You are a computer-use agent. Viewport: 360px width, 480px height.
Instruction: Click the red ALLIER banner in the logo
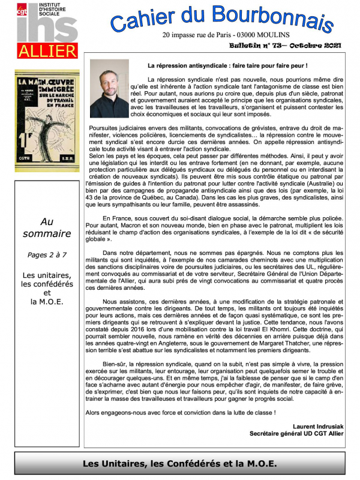pyautogui.click(x=47, y=50)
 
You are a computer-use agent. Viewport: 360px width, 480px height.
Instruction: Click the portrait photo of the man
pyautogui.click(x=109, y=88)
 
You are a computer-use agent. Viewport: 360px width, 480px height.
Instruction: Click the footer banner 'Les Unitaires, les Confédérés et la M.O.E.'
pyautogui.click(x=180, y=463)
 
